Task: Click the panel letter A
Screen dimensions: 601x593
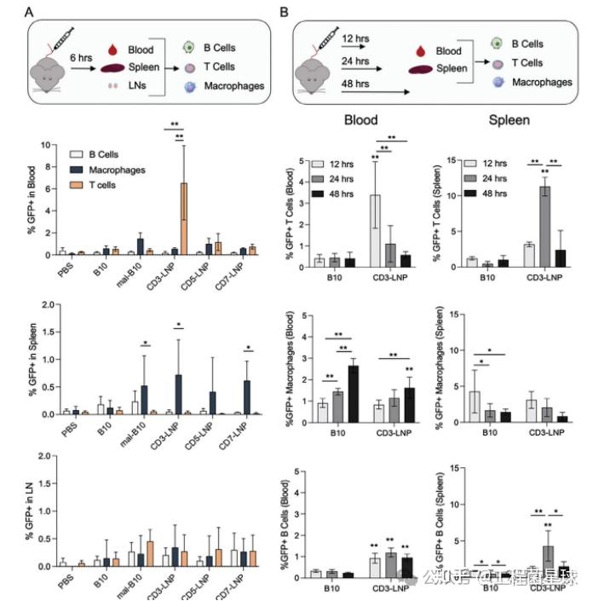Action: click(29, 13)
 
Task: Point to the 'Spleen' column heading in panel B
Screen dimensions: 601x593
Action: click(508, 120)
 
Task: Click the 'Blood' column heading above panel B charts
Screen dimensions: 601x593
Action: click(361, 120)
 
